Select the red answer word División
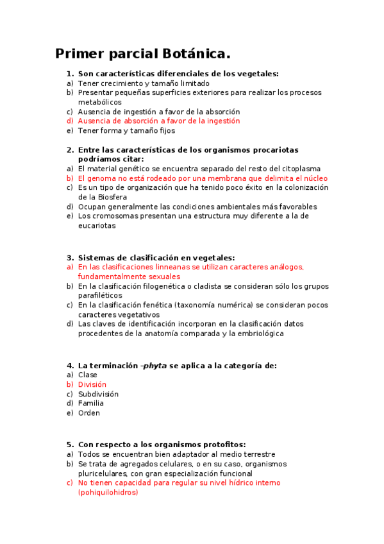point(92,384)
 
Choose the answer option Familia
point(91,404)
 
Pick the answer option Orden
point(89,413)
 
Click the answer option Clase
point(88,375)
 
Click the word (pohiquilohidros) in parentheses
point(108,493)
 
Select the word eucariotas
point(97,226)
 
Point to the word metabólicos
point(99,102)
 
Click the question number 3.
point(70,258)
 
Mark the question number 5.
point(70,445)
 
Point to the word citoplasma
point(299,169)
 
